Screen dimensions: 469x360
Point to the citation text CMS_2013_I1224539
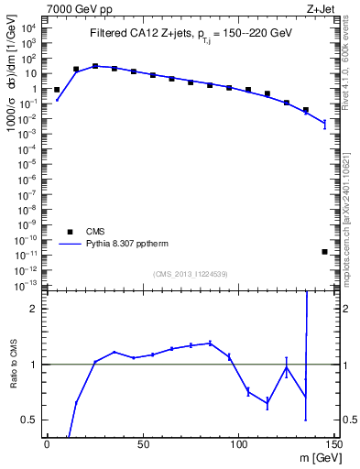pyautogui.click(x=190, y=274)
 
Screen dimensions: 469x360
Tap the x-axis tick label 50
pyautogui.click(x=142, y=444)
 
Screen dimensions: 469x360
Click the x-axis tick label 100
pyautogui.click(x=238, y=444)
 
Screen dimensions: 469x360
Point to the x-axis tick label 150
pyautogui.click(x=333, y=444)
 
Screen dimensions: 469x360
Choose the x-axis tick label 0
pyautogui.click(x=46, y=444)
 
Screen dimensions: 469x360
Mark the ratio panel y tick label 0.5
pyautogui.click(x=28, y=420)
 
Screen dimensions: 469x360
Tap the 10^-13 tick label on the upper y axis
pyautogui.click(x=27, y=286)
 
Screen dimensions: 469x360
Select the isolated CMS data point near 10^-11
pyautogui.click(x=325, y=252)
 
